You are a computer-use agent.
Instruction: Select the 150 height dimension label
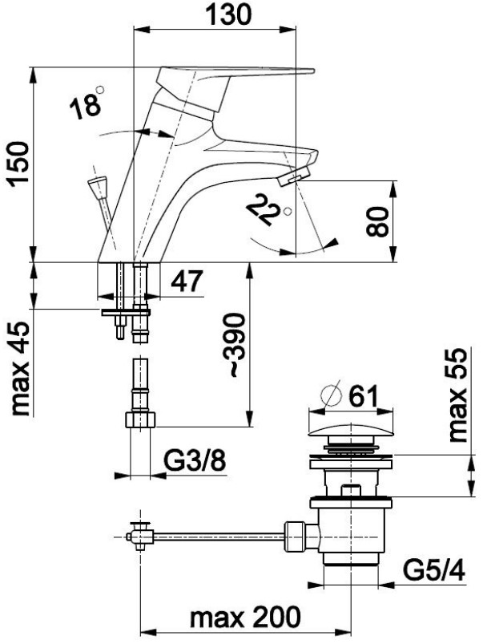pos(19,164)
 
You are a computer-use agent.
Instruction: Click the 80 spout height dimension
pos(378,221)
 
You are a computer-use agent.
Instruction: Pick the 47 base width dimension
pos(187,281)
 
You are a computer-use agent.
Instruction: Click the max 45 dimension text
pos(21,368)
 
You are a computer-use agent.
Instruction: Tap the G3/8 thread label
pos(195,461)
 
